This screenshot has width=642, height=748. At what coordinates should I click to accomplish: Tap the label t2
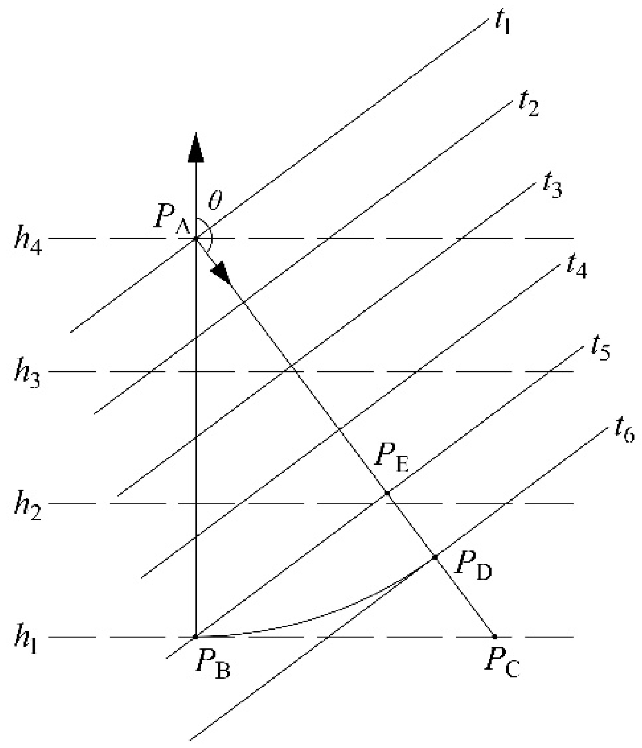tap(528, 104)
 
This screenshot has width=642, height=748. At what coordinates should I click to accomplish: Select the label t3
tap(552, 185)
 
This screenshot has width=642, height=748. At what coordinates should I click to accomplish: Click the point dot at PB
tap(195, 637)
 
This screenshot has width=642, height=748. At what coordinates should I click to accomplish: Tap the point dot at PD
tap(435, 557)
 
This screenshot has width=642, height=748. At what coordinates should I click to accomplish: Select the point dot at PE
tap(387, 493)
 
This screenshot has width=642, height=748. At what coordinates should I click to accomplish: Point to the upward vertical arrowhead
tap(195, 145)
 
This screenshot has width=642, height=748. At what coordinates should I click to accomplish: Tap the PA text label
tap(171, 219)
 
